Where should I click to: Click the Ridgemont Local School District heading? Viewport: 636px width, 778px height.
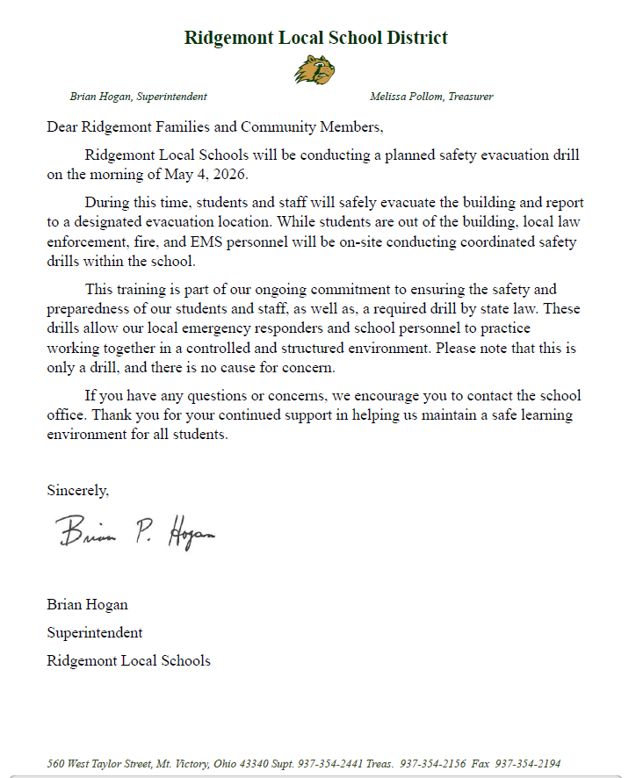(x=316, y=38)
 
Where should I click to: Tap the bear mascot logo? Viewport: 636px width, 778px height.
(x=314, y=69)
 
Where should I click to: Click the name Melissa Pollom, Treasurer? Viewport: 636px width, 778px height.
(x=431, y=97)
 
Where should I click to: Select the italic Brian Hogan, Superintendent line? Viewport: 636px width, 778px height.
(x=139, y=97)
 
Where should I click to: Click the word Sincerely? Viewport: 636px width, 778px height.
(x=77, y=490)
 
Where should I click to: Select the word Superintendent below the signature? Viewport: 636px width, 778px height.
(x=94, y=632)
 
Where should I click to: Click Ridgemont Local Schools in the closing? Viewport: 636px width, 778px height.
(x=128, y=660)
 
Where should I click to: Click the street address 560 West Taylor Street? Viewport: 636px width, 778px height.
(x=98, y=763)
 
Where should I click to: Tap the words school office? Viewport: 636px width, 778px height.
(x=538, y=396)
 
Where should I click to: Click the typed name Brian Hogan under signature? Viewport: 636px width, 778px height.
(x=87, y=604)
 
